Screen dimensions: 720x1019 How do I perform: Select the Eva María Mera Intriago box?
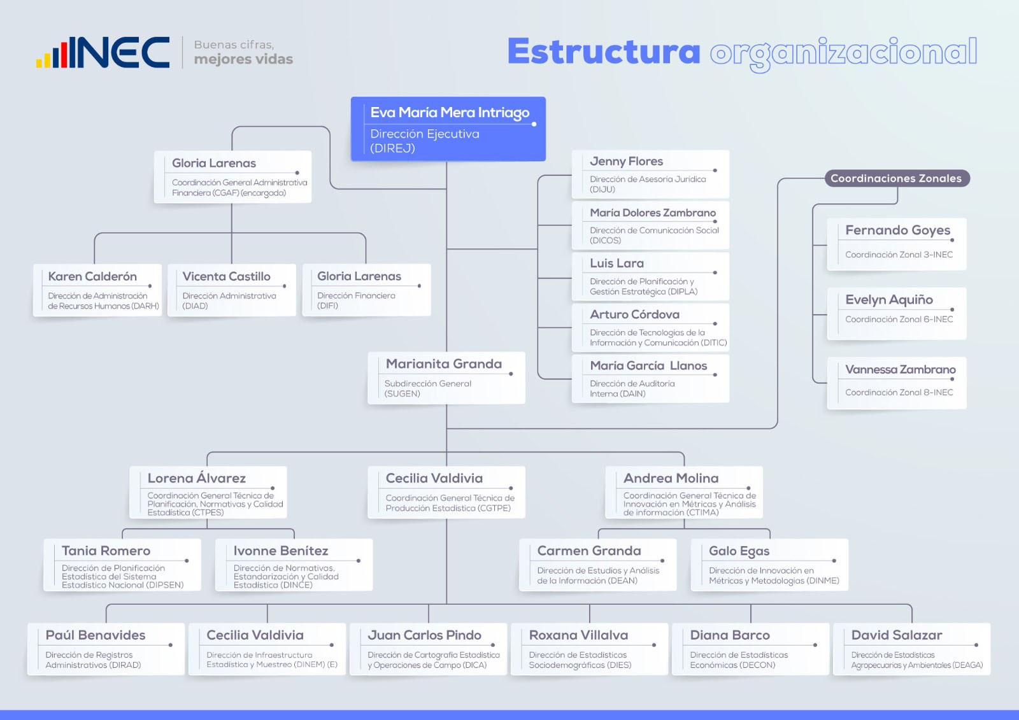(x=448, y=129)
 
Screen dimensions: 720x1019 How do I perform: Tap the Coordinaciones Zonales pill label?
(x=896, y=178)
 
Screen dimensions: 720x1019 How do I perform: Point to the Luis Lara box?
(x=650, y=276)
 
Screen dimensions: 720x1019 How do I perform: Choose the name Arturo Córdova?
(x=634, y=314)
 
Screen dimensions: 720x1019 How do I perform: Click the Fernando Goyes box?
(x=897, y=244)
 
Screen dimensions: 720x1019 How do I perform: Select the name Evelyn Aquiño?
(x=888, y=300)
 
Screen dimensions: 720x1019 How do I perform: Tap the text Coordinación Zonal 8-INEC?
(x=899, y=392)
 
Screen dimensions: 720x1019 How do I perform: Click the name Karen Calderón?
(x=92, y=276)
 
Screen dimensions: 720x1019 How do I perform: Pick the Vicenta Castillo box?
(x=232, y=290)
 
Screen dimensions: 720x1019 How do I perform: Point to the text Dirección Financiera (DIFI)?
(x=356, y=300)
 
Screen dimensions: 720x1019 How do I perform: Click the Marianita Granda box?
(x=446, y=378)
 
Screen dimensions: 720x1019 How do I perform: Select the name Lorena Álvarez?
(x=196, y=478)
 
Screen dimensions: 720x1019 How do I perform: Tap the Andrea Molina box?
(x=683, y=493)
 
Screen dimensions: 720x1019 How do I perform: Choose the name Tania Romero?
(x=106, y=551)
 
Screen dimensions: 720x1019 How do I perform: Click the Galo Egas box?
(x=769, y=565)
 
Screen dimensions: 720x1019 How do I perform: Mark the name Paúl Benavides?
(x=96, y=635)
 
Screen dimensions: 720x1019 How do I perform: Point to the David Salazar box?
(x=911, y=649)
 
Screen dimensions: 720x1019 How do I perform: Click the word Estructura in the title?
(x=603, y=52)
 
